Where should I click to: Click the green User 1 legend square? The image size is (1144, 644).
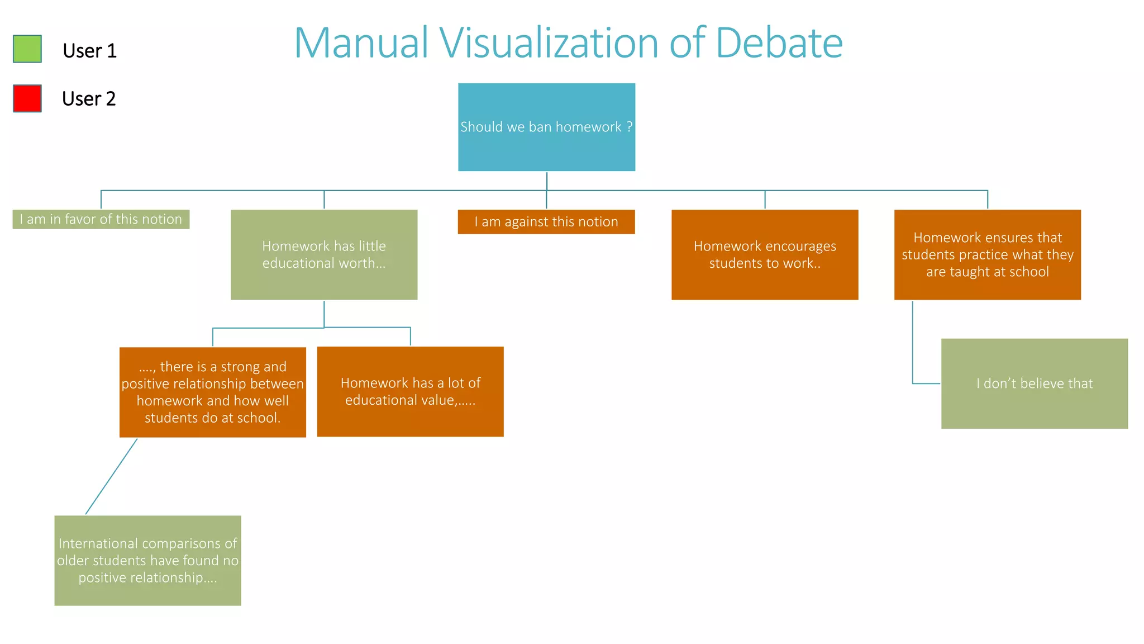[27, 49]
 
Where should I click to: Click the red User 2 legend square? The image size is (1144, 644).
[27, 98]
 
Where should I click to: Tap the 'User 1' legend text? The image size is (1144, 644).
[89, 51]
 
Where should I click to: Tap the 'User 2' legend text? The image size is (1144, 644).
[89, 99]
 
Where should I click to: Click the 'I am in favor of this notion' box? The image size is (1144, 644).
[101, 219]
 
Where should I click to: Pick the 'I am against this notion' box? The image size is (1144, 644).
[546, 222]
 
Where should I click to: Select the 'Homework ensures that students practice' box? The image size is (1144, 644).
[988, 255]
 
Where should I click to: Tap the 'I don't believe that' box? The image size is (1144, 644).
[1035, 383]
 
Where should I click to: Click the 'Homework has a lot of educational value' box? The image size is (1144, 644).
[411, 391]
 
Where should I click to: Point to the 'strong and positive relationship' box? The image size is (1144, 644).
[213, 392]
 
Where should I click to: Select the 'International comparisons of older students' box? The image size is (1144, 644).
[147, 560]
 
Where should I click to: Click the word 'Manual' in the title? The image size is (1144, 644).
[361, 43]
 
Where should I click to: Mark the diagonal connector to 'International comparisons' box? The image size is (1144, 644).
[111, 476]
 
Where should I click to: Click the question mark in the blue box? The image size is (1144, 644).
[630, 127]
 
